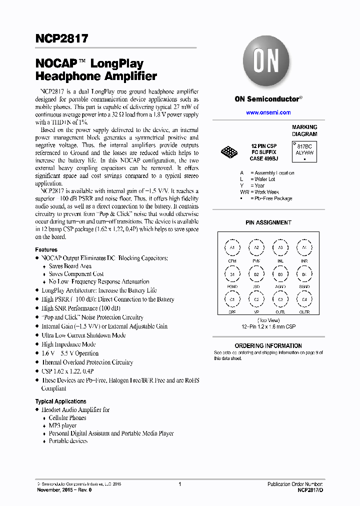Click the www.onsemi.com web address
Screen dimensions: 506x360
coord(268,112)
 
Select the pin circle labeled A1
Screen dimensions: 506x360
coord(232,247)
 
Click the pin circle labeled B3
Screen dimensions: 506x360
coord(280,274)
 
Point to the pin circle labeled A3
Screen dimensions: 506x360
coord(280,247)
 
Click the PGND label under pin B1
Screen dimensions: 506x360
coord(232,287)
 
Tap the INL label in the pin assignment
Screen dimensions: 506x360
coord(280,261)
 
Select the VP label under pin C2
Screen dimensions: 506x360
coord(256,312)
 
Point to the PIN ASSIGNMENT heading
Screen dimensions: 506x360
coord(268,222)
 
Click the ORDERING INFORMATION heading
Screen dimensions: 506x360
coord(268,345)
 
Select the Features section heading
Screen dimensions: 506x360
coord(46,249)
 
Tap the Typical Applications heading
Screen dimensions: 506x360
coord(60,401)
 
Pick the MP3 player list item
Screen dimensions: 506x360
coord(62,425)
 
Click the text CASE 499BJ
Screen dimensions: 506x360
coord(263,158)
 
